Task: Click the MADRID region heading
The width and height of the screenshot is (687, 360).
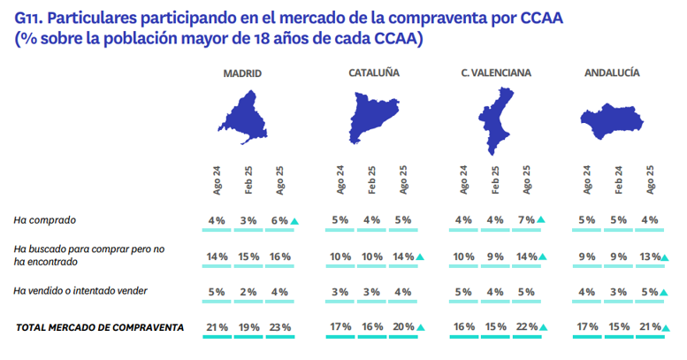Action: coord(242,73)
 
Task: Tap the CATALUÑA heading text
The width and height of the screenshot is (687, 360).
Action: coord(370,73)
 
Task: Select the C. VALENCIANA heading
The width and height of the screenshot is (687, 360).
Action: coord(496,73)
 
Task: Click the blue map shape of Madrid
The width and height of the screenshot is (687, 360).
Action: coord(243,119)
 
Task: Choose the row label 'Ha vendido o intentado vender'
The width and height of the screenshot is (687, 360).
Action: coord(80,291)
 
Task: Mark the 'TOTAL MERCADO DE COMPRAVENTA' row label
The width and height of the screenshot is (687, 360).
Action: coord(100,327)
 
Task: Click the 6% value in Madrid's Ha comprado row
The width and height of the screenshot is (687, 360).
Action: coord(280,220)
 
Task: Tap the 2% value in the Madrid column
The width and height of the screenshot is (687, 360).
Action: coord(249,291)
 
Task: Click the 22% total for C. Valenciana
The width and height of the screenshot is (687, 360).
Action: coord(526,327)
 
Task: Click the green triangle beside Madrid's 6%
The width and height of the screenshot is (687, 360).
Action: coord(295,221)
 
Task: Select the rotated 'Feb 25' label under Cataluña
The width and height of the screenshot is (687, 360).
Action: coord(372,180)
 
